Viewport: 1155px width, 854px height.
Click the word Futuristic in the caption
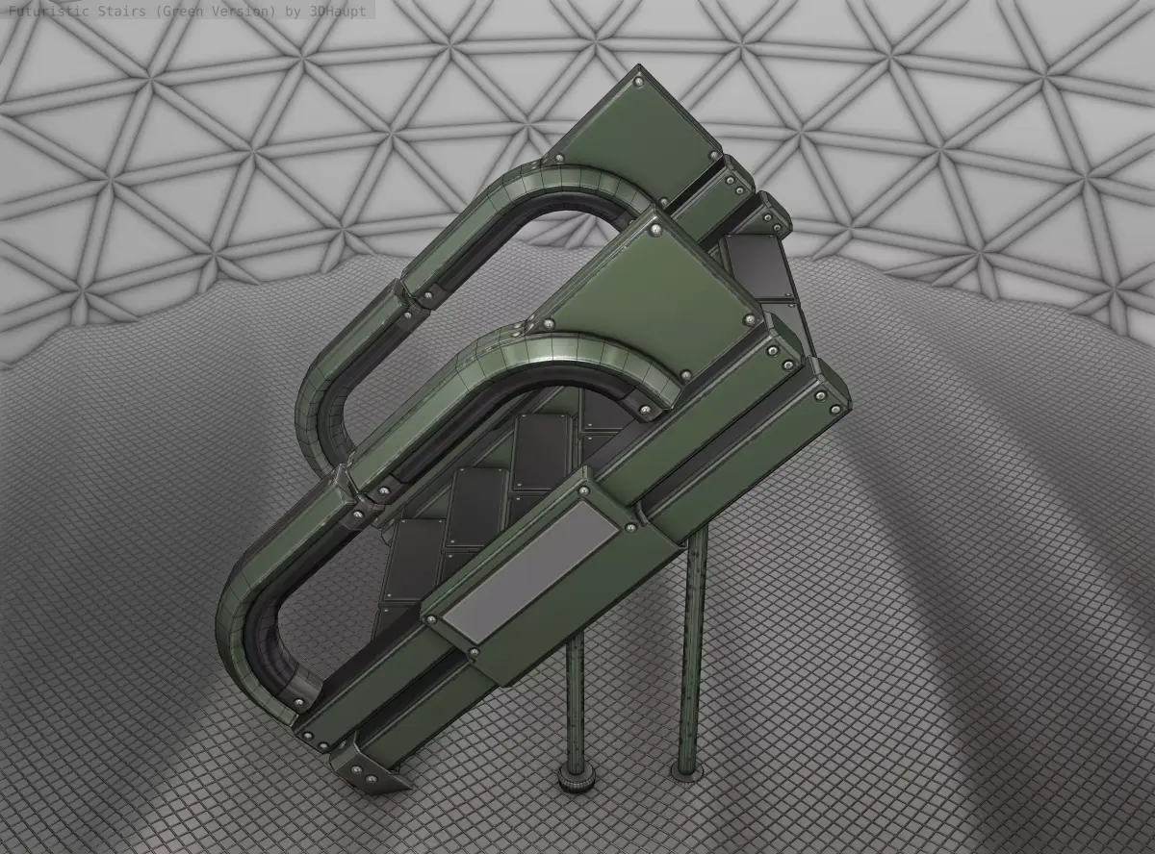click(x=48, y=10)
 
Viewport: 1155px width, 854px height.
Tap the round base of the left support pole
click(x=577, y=781)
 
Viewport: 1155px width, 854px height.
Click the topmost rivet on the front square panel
click(x=654, y=230)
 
